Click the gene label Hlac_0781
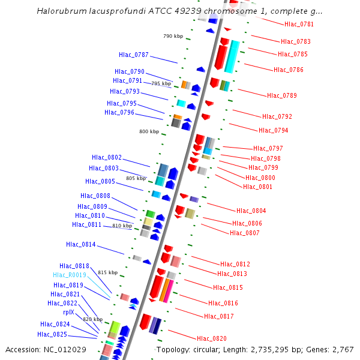coord(298,24)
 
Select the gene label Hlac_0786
coord(289,70)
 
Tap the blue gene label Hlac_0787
coord(133,55)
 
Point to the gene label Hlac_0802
coord(106,157)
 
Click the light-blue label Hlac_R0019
coord(70,275)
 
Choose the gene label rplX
coord(68,312)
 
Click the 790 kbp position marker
coord(173,36)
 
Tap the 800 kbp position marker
coord(149,131)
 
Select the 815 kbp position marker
coord(107,272)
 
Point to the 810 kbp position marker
coord(122,226)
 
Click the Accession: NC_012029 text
coord(46,349)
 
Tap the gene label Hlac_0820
coord(212,338)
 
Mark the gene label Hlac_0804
coord(251,211)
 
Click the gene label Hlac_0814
coord(80,244)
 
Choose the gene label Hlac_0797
coord(268,148)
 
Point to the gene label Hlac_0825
coord(52,334)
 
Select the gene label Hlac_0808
coord(95,196)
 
